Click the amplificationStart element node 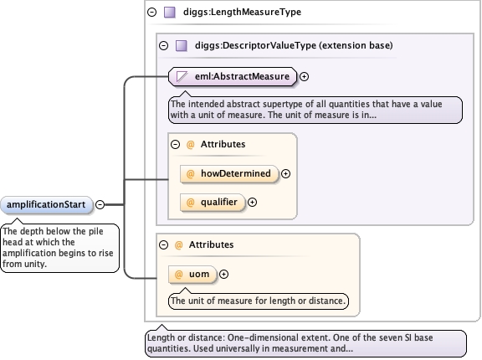[46, 205]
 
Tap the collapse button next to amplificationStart [100, 205]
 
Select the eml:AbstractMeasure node [233, 76]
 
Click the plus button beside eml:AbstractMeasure [304, 76]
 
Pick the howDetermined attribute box [229, 173]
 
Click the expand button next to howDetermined [285, 173]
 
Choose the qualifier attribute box [213, 203]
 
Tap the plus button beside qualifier [252, 203]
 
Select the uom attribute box [192, 275]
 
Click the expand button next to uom [223, 275]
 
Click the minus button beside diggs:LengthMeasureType [151, 12]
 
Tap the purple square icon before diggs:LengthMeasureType [170, 13]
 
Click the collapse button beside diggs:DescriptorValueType [163, 46]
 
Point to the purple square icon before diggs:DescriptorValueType [182, 46]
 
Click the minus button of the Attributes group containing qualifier [175, 144]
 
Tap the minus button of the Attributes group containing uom [163, 244]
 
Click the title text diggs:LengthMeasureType [242, 12]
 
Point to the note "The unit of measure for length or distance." [259, 301]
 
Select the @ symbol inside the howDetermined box [190, 173]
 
